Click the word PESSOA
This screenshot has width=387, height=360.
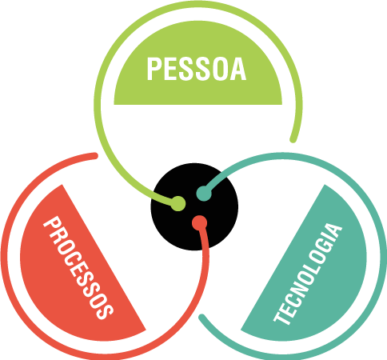[x=197, y=69]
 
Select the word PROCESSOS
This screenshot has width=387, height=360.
[x=78, y=267]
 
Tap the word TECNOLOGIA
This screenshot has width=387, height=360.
[x=308, y=274]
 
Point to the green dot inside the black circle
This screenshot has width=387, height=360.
[x=178, y=203]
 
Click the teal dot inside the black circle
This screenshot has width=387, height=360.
[x=204, y=194]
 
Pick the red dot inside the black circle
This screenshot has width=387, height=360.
[x=200, y=223]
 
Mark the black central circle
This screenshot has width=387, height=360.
[x=194, y=206]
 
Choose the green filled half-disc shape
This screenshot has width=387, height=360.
[x=198, y=62]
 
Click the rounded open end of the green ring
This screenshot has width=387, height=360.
[x=293, y=139]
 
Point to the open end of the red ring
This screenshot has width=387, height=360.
[x=94, y=156]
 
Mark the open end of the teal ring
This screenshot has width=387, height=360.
[x=202, y=318]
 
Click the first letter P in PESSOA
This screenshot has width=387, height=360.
[x=154, y=69]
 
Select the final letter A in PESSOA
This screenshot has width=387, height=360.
[x=238, y=69]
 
